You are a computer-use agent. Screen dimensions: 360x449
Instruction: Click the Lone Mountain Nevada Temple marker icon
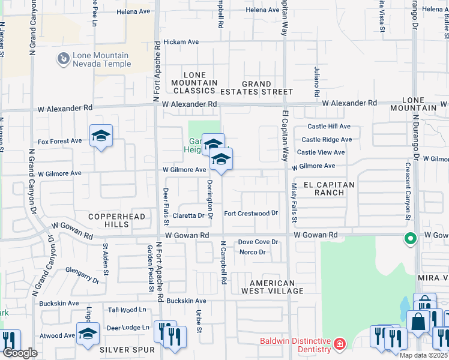pos(63,59)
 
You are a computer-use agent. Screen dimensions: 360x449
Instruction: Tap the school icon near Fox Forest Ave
pos(101,136)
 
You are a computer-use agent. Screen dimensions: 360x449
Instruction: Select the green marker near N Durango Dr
pos(411,239)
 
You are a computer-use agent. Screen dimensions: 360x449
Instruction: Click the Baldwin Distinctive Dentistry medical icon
pos(340,344)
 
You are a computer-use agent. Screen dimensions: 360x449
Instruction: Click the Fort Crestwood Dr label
pos(251,213)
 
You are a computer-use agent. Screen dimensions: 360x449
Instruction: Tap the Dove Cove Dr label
pos(258,242)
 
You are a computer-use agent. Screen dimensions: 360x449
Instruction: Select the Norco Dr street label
pos(252,252)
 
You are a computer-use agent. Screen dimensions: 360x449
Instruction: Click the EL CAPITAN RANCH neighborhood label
pos(328,188)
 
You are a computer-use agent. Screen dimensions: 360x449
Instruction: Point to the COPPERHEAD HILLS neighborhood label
pos(109,220)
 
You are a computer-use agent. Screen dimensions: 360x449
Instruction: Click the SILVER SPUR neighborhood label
pos(127,349)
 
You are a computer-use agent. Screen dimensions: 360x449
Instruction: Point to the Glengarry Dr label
pos(82,275)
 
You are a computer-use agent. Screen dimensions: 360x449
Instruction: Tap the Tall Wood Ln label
pos(127,310)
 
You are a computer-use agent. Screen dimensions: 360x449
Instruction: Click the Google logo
pos(20,353)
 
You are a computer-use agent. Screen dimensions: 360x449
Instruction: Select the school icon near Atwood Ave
pos(88,334)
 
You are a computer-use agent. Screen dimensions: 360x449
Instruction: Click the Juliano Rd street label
pos(316,82)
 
